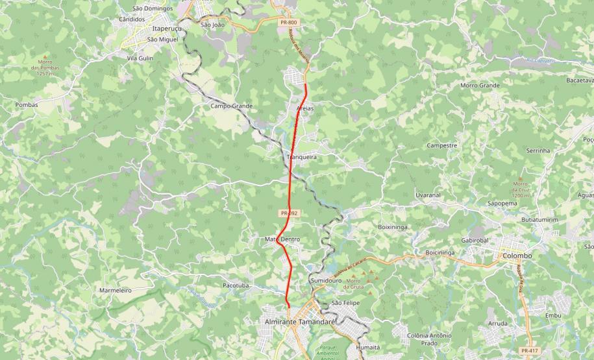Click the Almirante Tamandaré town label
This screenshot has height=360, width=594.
coord(300,322)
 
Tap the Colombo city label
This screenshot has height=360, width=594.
coord(517,256)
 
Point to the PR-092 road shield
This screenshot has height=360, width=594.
coord(289,213)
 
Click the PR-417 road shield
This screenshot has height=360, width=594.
coord(530,351)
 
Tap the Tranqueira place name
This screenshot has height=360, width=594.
coord(301,157)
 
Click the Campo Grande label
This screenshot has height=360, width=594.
coord(231,106)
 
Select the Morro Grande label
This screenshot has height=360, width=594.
coord(480,86)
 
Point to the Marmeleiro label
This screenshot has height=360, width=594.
coord(115,290)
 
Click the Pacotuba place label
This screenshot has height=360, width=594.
coord(236,285)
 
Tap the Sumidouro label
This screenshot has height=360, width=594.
coord(326,280)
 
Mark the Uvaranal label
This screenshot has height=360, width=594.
coord(428,195)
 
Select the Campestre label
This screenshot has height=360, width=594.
coord(442,145)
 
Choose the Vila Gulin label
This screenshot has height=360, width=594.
coord(140,58)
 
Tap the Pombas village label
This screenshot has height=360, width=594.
coord(27,104)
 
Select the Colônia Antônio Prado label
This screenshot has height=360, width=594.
coord(428,339)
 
